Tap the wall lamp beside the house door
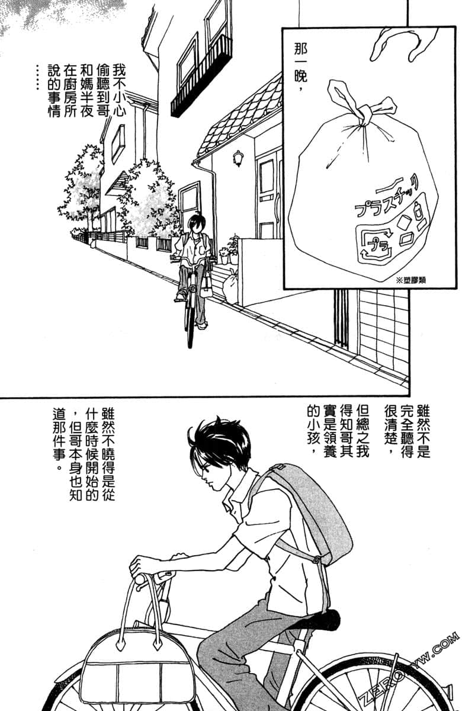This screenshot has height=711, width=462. (238, 158)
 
